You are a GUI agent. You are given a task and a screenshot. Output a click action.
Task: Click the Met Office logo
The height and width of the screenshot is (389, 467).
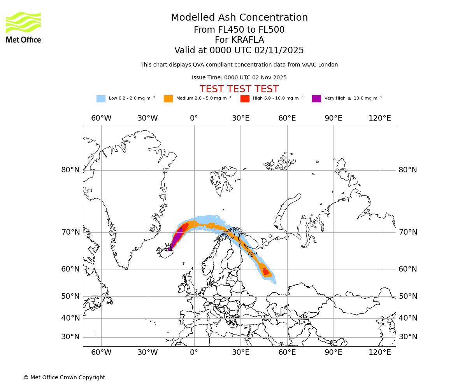click(x=23, y=27)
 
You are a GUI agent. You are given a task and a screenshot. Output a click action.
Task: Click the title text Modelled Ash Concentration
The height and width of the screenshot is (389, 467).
click(x=239, y=18)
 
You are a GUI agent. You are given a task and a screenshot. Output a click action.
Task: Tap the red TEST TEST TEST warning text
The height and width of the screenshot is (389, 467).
click(x=239, y=89)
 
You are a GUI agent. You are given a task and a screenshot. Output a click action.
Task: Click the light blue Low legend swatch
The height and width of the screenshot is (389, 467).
click(x=101, y=99)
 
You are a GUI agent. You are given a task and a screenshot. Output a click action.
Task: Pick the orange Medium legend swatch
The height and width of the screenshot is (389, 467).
click(x=168, y=99)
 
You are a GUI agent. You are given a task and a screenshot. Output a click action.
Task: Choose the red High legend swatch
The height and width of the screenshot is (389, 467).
click(x=245, y=99)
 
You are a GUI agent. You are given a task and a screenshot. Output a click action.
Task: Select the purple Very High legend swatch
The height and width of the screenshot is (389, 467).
click(x=316, y=99)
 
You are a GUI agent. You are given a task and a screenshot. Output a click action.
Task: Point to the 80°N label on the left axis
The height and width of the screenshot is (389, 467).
click(x=70, y=170)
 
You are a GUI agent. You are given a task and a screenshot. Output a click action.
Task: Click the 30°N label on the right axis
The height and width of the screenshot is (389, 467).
click(x=408, y=337)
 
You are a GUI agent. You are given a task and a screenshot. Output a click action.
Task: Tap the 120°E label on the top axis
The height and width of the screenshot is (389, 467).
click(x=380, y=118)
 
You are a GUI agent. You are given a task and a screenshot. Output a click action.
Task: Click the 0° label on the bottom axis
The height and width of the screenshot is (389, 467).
click(x=194, y=352)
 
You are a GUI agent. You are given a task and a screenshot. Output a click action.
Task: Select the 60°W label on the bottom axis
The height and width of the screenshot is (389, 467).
click(x=101, y=352)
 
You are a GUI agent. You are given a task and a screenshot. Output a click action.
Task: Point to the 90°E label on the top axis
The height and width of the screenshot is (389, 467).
click(x=334, y=118)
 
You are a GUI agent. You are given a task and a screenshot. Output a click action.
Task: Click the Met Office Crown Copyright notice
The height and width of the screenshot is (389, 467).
click(x=64, y=377)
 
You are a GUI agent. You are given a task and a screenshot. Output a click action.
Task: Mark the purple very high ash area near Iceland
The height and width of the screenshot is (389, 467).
click(x=177, y=237)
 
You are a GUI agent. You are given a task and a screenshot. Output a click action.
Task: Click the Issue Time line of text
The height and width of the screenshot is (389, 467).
click(x=239, y=77)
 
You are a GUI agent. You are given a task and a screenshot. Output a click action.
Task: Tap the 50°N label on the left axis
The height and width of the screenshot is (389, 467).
click(x=70, y=296)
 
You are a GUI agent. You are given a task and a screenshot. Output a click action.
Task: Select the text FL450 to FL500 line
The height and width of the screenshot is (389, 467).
click(x=239, y=30)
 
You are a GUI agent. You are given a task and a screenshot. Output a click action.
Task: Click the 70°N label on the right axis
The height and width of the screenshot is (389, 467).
click(x=408, y=232)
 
